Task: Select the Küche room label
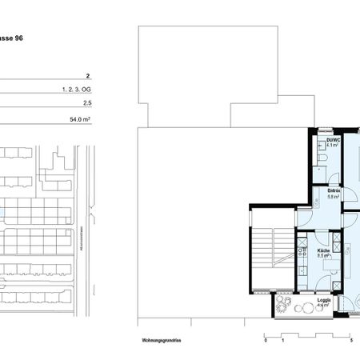click(324, 250)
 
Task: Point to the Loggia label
click(324, 300)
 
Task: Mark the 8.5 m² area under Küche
click(324, 257)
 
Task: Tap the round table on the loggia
click(302, 307)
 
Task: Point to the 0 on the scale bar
click(266, 340)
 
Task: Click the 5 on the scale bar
click(352, 340)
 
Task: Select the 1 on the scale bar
click(283, 340)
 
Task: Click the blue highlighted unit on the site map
click(2, 211)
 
